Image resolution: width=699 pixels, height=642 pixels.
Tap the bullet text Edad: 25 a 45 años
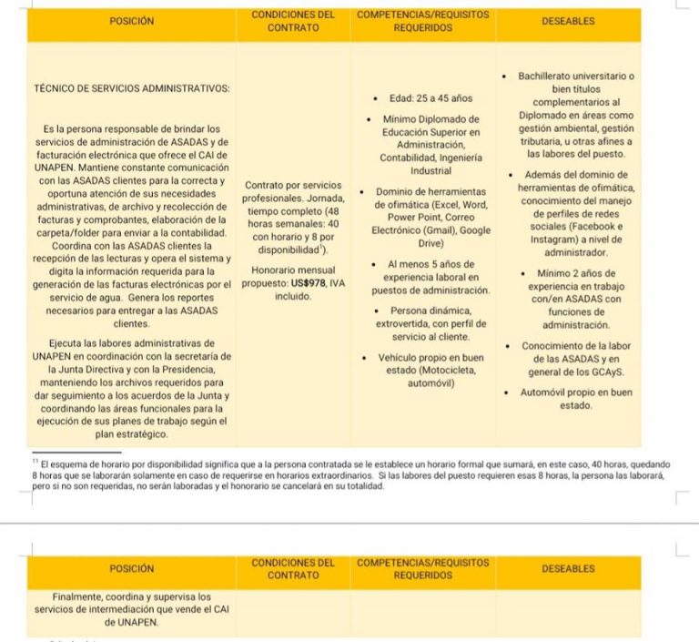pyautogui.click(x=423, y=98)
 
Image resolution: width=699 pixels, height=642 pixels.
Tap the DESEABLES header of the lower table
pyautogui.click(x=568, y=569)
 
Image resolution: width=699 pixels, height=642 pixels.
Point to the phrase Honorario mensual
pyautogui.click(x=293, y=270)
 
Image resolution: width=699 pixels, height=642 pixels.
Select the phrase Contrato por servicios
pyautogui.click(x=293, y=186)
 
